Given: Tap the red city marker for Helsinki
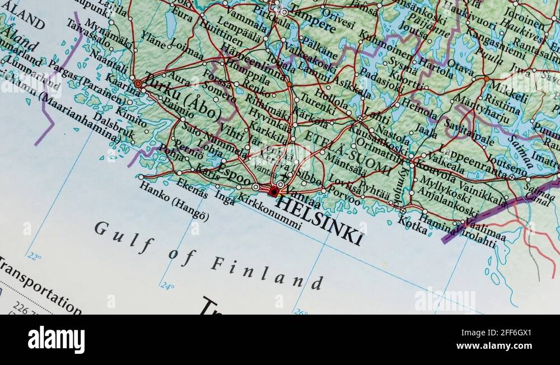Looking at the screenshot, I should pyautogui.click(x=273, y=192).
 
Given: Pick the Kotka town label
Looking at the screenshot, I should pyautogui.click(x=412, y=222).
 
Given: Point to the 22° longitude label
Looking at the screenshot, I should pyautogui.click(x=35, y=257).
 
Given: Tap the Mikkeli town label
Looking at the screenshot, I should pyautogui.click(x=509, y=90).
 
